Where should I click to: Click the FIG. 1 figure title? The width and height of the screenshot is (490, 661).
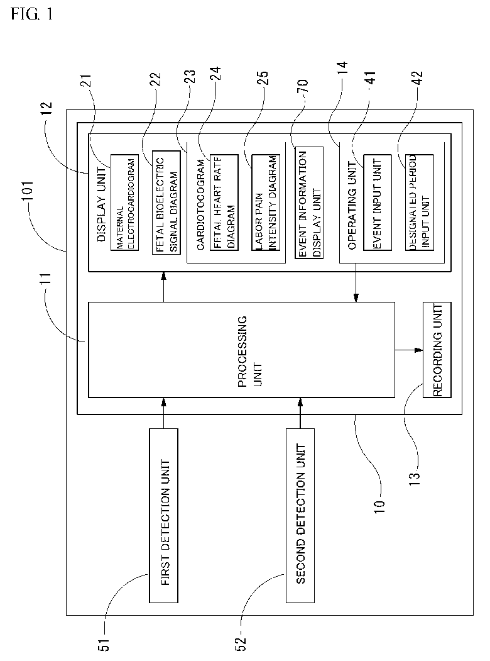coord(31,14)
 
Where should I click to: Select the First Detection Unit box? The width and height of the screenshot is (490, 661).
coord(165,515)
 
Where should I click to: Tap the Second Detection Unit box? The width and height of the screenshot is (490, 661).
coord(300,515)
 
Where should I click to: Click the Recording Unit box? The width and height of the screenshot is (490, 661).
coord(438,350)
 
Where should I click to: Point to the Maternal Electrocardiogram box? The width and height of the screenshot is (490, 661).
coord(123,202)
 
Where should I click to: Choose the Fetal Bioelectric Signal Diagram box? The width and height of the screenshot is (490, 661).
coord(165,202)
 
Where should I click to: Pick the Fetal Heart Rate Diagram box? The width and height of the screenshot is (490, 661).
coord(224,202)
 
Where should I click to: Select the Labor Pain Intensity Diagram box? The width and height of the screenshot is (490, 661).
coord(264,202)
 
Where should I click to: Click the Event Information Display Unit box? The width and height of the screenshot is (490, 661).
coord(309,203)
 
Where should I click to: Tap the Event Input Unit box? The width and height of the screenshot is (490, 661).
coord(377,202)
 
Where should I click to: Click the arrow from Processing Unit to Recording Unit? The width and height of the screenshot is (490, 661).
coord(409,350)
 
